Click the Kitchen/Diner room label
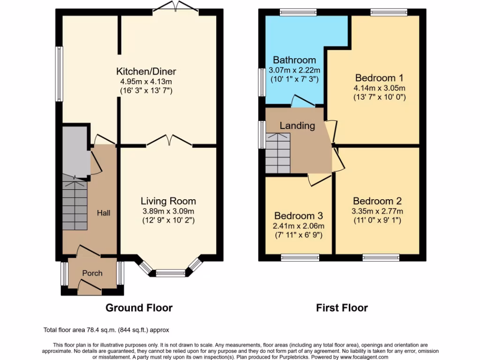146,72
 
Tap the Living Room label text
169,202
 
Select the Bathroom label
294,60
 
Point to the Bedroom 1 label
379,78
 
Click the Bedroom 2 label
377,201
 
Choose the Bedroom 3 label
299,216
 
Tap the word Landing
297,126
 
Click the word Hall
104,213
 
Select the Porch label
92,273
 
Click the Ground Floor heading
139,308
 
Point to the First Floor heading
342,308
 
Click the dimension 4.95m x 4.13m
146,82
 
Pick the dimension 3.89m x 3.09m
169,211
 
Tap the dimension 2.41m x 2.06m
299,225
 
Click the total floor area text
106,330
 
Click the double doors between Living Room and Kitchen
168,141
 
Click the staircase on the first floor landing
278,153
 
